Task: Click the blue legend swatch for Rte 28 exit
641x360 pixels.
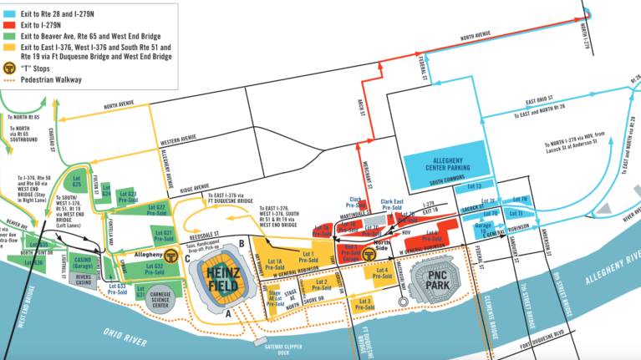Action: (10, 10)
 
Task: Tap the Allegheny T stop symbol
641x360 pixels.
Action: (170, 256)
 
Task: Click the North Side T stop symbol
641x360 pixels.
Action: (368, 251)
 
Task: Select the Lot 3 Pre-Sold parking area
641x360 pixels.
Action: (364, 302)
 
